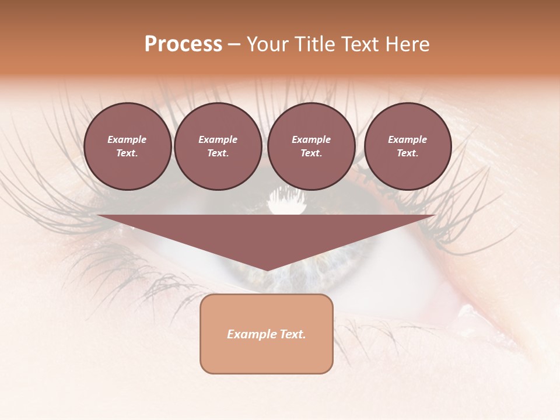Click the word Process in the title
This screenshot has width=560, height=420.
click(x=183, y=44)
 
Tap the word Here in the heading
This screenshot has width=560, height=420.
click(x=407, y=44)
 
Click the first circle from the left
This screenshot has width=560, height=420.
click(x=127, y=146)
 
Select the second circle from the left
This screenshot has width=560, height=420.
click(x=218, y=146)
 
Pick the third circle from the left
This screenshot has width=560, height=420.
click(x=311, y=146)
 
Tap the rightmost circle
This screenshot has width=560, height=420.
click(x=407, y=146)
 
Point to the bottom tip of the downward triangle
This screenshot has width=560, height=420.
click(x=267, y=270)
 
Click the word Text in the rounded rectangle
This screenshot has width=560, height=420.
click(x=293, y=334)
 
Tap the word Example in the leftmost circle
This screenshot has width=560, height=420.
click(x=127, y=139)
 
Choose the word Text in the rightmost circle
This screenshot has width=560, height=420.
click(x=407, y=153)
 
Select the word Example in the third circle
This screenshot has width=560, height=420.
click(x=311, y=139)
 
